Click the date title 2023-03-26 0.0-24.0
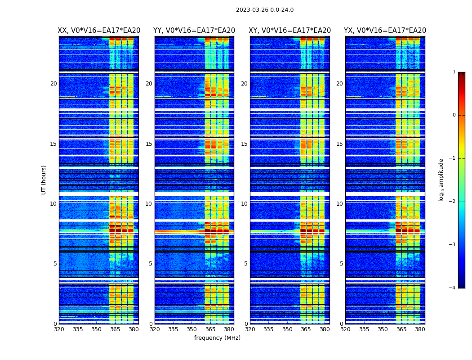[265, 10]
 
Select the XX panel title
[99, 31]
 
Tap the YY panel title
[194, 31]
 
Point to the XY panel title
[290, 31]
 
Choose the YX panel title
[385, 31]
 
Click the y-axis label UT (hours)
[44, 180]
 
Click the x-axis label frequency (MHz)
[217, 338]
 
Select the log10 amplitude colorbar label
[441, 180]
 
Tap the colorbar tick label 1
[454, 72]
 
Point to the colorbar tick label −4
[453, 288]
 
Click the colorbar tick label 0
[454, 115]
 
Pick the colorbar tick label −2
[453, 202]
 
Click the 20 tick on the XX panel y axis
[53, 84]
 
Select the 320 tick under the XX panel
[59, 329]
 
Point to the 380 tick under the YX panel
[420, 329]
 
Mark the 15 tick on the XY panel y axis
[244, 144]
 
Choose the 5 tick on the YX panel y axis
[342, 264]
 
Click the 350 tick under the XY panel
[287, 329]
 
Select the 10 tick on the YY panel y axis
[149, 204]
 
